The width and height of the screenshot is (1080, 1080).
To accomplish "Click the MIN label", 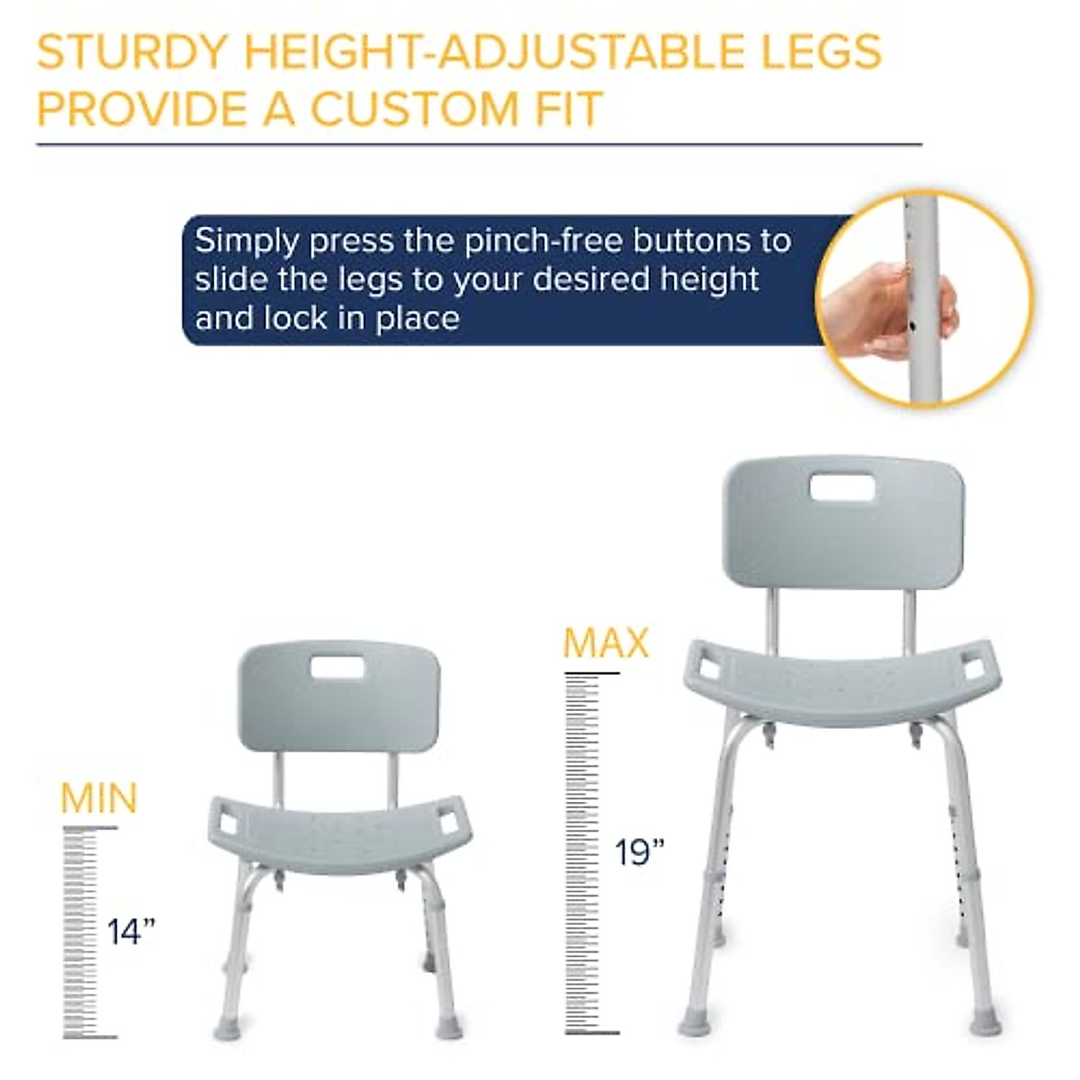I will pos(99,799).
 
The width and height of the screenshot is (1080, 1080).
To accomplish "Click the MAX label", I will pos(606,643).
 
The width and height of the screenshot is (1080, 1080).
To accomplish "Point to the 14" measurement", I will pos(131,931).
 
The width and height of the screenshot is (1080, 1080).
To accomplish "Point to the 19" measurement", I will pos(640,851).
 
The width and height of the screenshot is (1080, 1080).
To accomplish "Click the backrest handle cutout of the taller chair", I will pos(841,488).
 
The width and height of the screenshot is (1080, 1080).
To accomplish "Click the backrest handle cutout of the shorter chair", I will pos(338,667).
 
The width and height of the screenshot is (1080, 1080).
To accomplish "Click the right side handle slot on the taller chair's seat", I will pos(974,670).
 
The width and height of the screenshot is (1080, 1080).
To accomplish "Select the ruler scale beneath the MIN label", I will pos(80,932).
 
